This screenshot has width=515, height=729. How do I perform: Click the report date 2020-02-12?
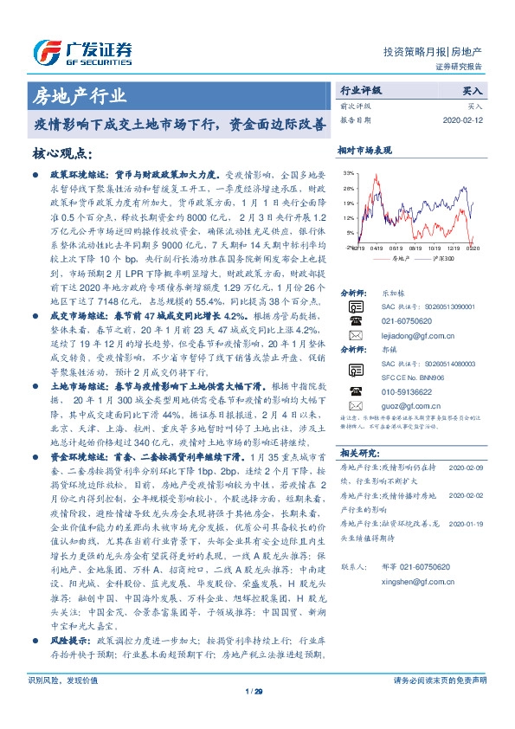coord(467,120)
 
